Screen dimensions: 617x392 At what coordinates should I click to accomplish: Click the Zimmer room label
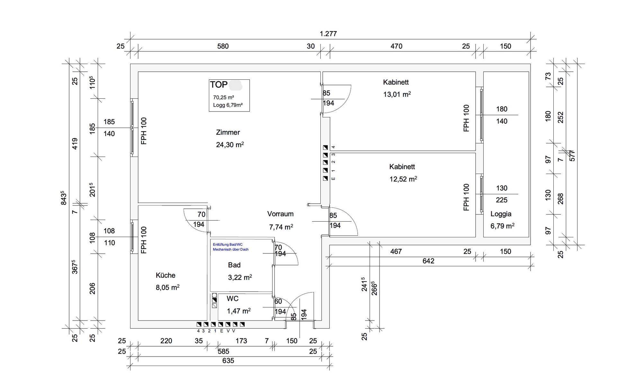coord(228,132)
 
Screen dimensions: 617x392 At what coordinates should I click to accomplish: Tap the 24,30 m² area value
coord(230,145)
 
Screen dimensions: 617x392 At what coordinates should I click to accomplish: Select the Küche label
coord(165,275)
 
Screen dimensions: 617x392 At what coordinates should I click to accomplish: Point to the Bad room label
coord(234,265)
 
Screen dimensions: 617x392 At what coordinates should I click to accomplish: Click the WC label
coord(232,299)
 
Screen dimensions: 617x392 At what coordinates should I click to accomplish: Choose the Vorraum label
coord(280,214)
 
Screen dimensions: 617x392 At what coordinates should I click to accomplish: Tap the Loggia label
coord(501,214)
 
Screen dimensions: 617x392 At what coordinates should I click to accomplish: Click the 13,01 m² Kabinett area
coord(397,94)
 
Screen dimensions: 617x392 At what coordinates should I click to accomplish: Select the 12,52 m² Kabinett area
coord(403,179)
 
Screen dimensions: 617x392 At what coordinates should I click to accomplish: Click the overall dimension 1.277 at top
coord(328,34)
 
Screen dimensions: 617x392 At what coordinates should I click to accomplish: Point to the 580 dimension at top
coord(223,46)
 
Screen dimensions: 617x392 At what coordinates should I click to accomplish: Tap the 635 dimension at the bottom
coord(228,360)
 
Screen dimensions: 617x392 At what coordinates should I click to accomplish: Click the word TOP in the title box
coord(219,85)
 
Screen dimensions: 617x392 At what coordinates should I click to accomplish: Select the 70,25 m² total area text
coord(223,97)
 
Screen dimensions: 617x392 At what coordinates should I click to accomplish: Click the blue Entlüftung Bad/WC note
coord(230,247)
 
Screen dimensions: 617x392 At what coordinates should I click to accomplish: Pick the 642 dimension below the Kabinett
coord(428,261)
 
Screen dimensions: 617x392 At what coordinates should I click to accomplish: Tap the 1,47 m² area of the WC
coord(238,311)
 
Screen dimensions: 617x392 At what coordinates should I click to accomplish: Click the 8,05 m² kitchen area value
coord(167,287)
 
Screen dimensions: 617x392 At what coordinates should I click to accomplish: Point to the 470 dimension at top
coord(396,46)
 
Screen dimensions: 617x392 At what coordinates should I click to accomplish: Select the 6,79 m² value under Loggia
coord(502,226)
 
